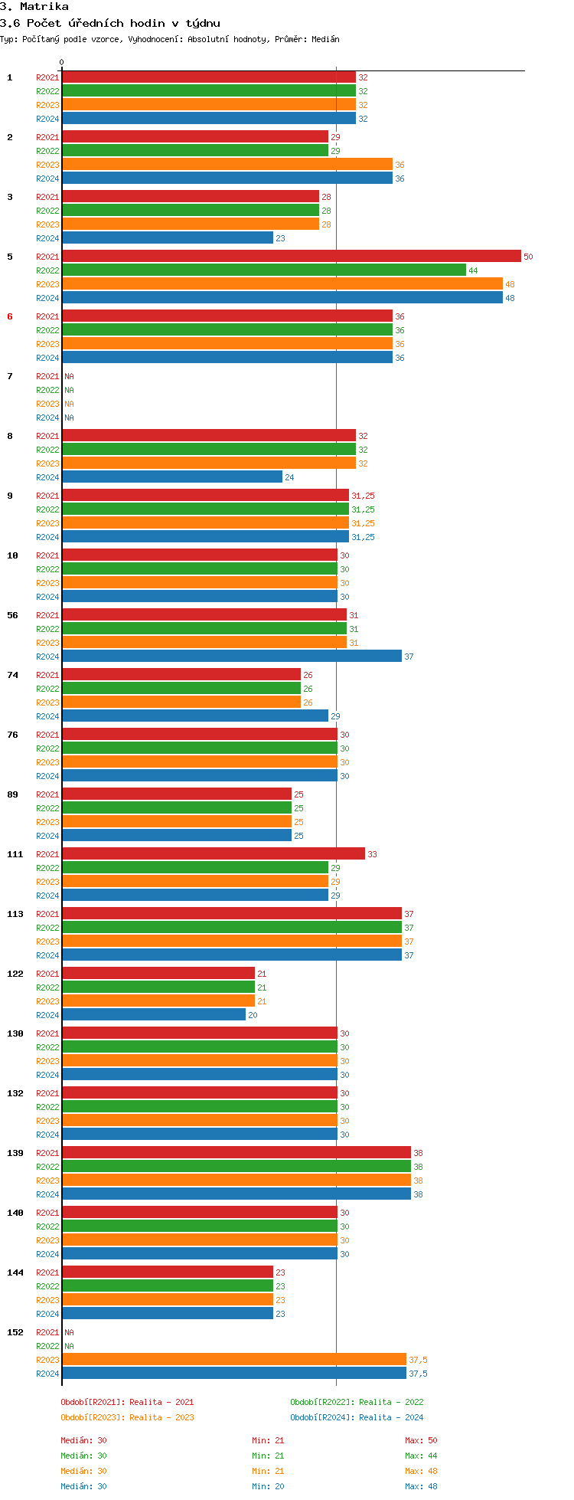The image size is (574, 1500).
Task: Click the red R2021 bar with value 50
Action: (291, 256)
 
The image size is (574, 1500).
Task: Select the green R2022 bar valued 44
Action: (264, 270)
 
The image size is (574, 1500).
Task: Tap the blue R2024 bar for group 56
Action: (232, 656)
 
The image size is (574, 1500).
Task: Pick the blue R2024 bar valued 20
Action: (154, 1014)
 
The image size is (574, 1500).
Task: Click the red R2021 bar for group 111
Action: (214, 853)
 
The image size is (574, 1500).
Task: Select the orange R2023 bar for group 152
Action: (234, 1359)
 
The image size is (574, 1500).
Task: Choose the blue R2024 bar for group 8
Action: (172, 477)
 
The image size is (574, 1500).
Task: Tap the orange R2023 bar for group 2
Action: (227, 164)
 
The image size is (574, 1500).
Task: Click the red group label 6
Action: (10, 316)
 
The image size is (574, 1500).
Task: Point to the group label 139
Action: (15, 1153)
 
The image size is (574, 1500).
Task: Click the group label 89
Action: (12, 794)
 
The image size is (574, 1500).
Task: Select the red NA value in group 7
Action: (69, 376)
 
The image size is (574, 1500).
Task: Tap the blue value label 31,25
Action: (363, 537)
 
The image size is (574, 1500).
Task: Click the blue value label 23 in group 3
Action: (280, 238)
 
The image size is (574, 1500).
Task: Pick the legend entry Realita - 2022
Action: (357, 1402)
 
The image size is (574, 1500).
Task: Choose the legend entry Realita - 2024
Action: (357, 1417)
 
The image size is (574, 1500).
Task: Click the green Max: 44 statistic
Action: (421, 1456)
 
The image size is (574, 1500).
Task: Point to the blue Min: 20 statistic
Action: (268, 1486)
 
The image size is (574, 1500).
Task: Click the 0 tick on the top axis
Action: (62, 63)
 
